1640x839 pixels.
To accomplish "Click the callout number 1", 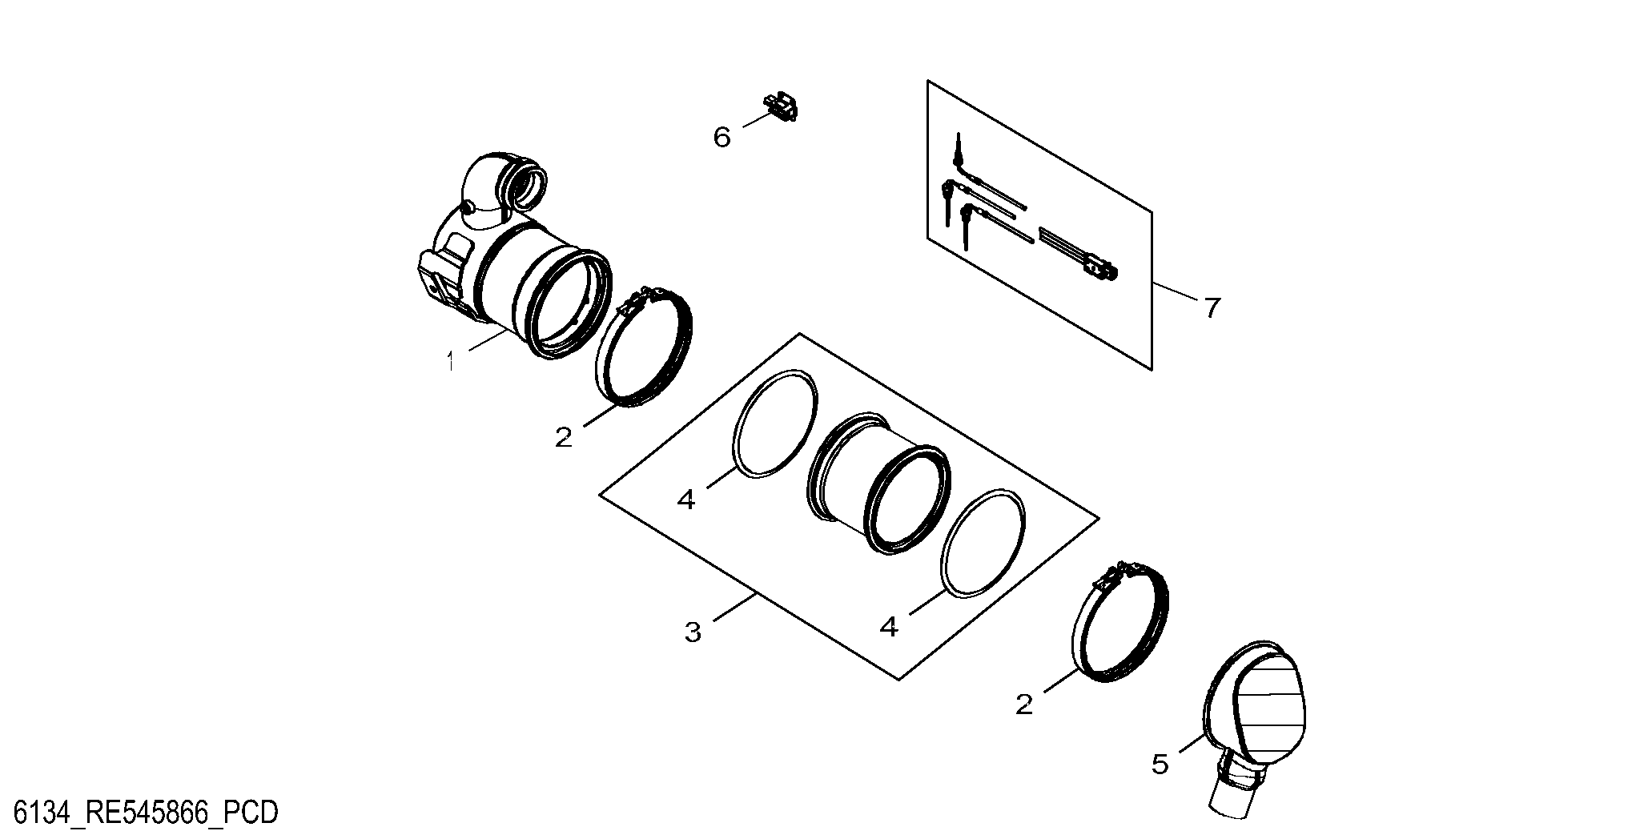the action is (x=452, y=362).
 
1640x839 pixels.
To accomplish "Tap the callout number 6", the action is (x=722, y=138).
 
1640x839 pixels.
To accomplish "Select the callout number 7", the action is (x=1212, y=307).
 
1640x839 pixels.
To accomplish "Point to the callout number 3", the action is (x=693, y=633).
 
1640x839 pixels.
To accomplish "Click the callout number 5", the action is (x=1160, y=765).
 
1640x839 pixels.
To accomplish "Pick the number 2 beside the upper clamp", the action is (x=564, y=437).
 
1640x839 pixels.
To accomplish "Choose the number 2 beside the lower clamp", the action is (x=1024, y=705).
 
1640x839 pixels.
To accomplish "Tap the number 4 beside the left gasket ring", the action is (x=686, y=500).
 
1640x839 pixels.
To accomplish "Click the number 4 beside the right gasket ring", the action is (x=889, y=626).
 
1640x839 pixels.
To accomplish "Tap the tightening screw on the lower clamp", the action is (x=1122, y=572).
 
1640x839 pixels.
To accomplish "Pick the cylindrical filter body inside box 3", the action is (x=879, y=482).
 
